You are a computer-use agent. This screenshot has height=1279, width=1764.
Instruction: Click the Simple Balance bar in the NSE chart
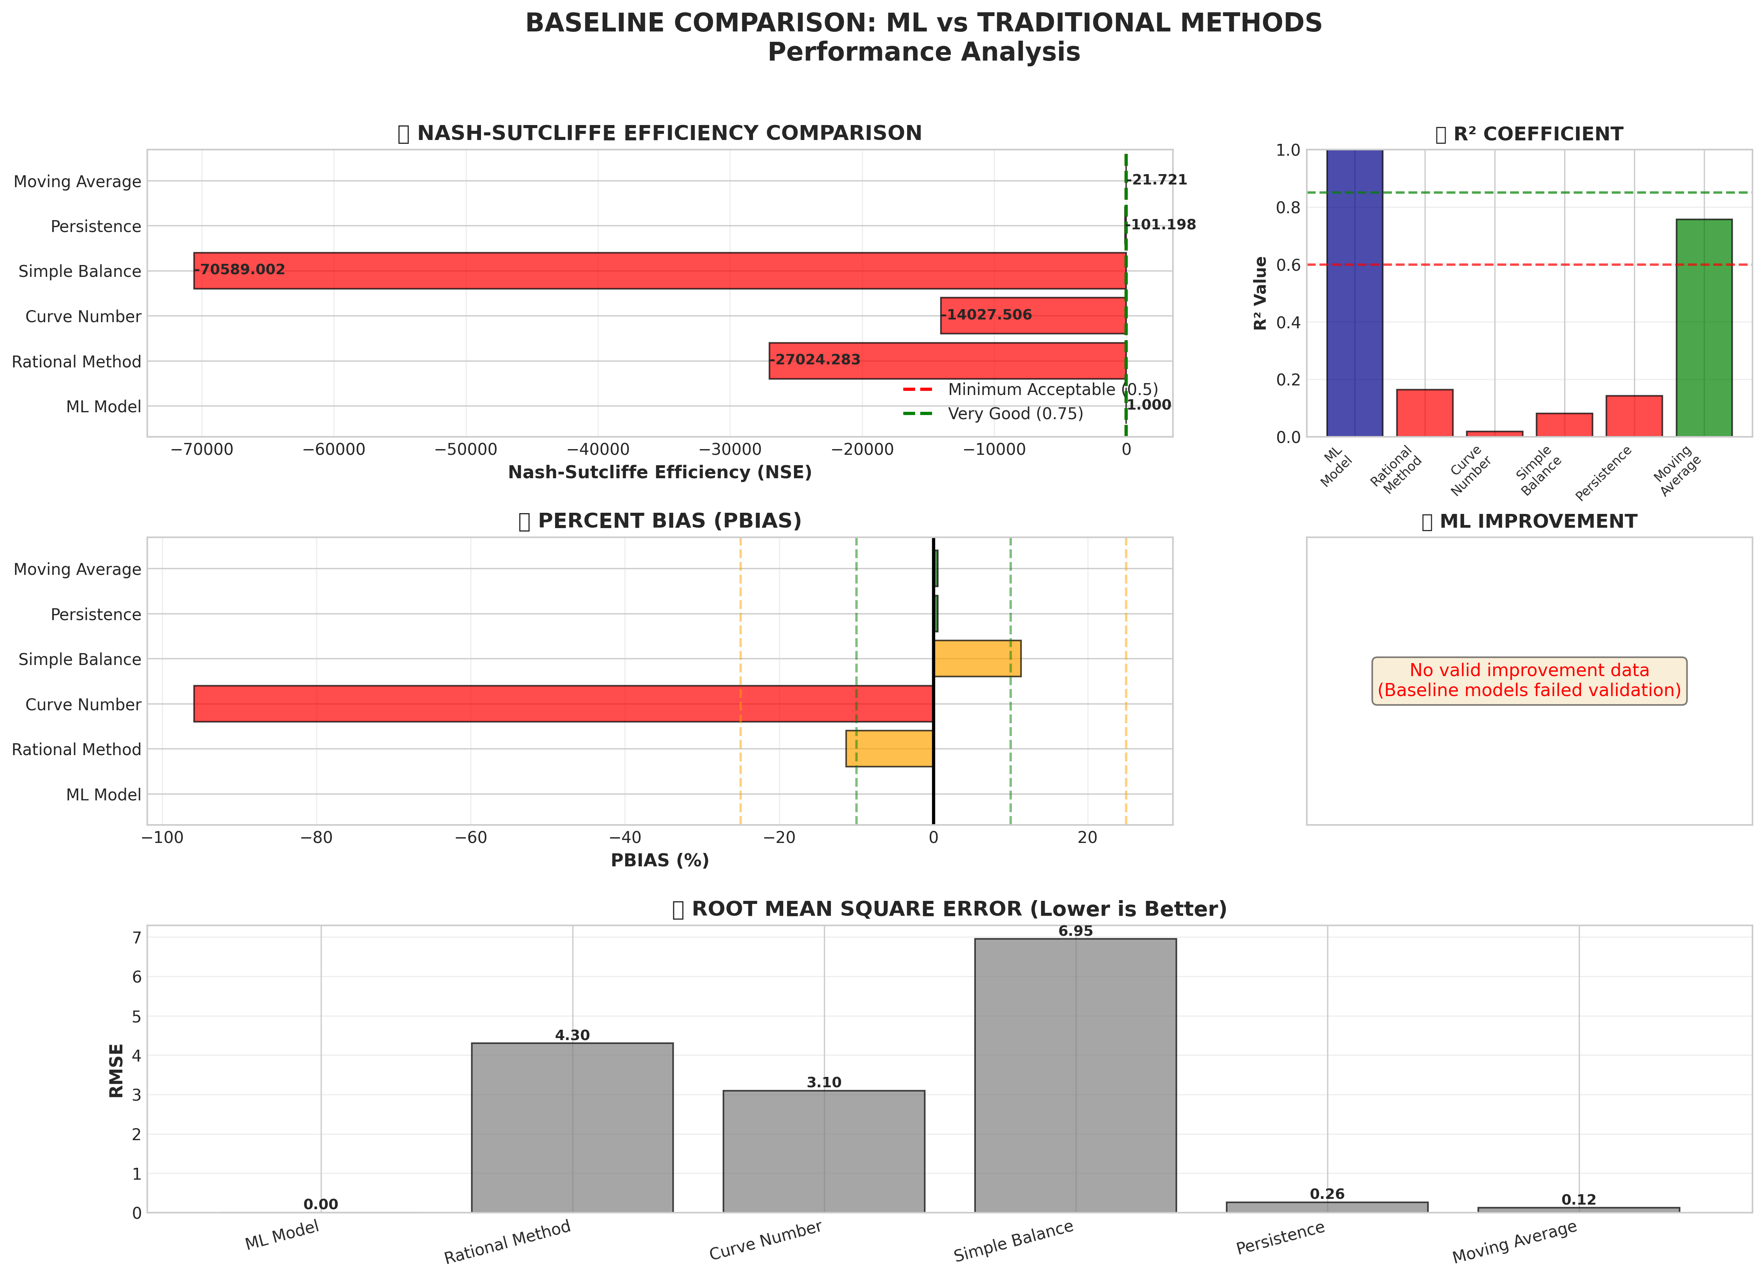coord(660,271)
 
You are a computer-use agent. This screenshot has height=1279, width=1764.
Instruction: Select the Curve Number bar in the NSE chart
coord(1033,316)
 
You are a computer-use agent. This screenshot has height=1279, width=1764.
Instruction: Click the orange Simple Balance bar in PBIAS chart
coord(977,658)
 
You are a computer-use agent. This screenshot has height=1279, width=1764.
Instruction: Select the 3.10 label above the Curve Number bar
coord(824,1082)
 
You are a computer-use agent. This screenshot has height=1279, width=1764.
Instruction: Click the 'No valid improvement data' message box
coord(1529,680)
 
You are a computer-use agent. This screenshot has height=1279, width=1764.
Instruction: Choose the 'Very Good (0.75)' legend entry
coord(1015,414)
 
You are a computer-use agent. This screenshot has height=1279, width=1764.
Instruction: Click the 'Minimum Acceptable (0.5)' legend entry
coord(1052,390)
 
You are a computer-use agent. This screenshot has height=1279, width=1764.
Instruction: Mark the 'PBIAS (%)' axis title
coord(660,860)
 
